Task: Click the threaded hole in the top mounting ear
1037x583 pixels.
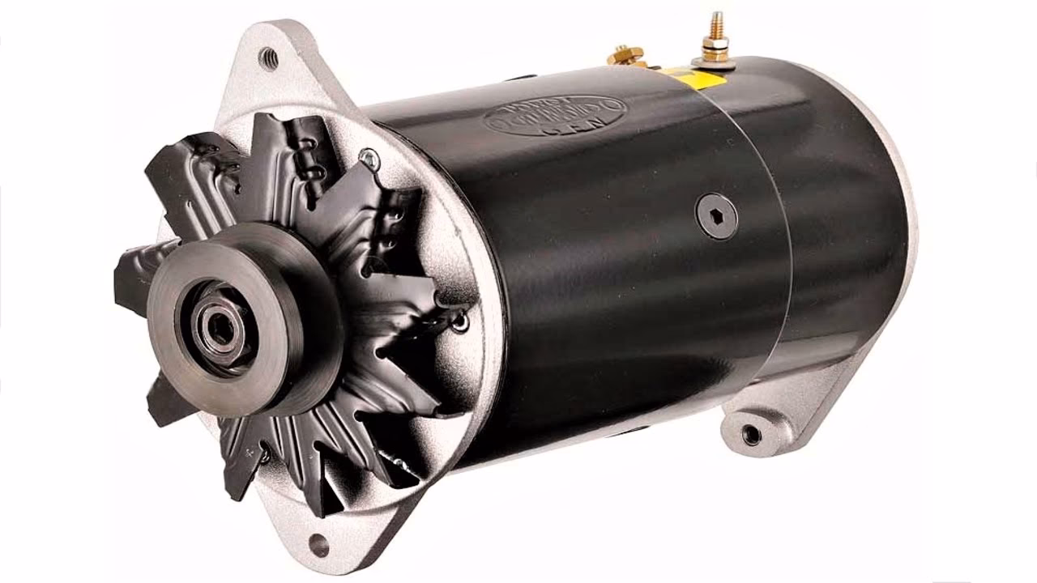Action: (x=268, y=57)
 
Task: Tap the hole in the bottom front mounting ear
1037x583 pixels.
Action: (x=318, y=545)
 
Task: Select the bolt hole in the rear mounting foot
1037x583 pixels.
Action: (x=751, y=435)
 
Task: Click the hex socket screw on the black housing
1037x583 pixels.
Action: (x=717, y=215)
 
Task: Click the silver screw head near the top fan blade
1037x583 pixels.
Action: (x=369, y=160)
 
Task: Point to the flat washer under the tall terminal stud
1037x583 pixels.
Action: (x=715, y=61)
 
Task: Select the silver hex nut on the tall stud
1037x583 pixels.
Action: (x=715, y=45)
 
